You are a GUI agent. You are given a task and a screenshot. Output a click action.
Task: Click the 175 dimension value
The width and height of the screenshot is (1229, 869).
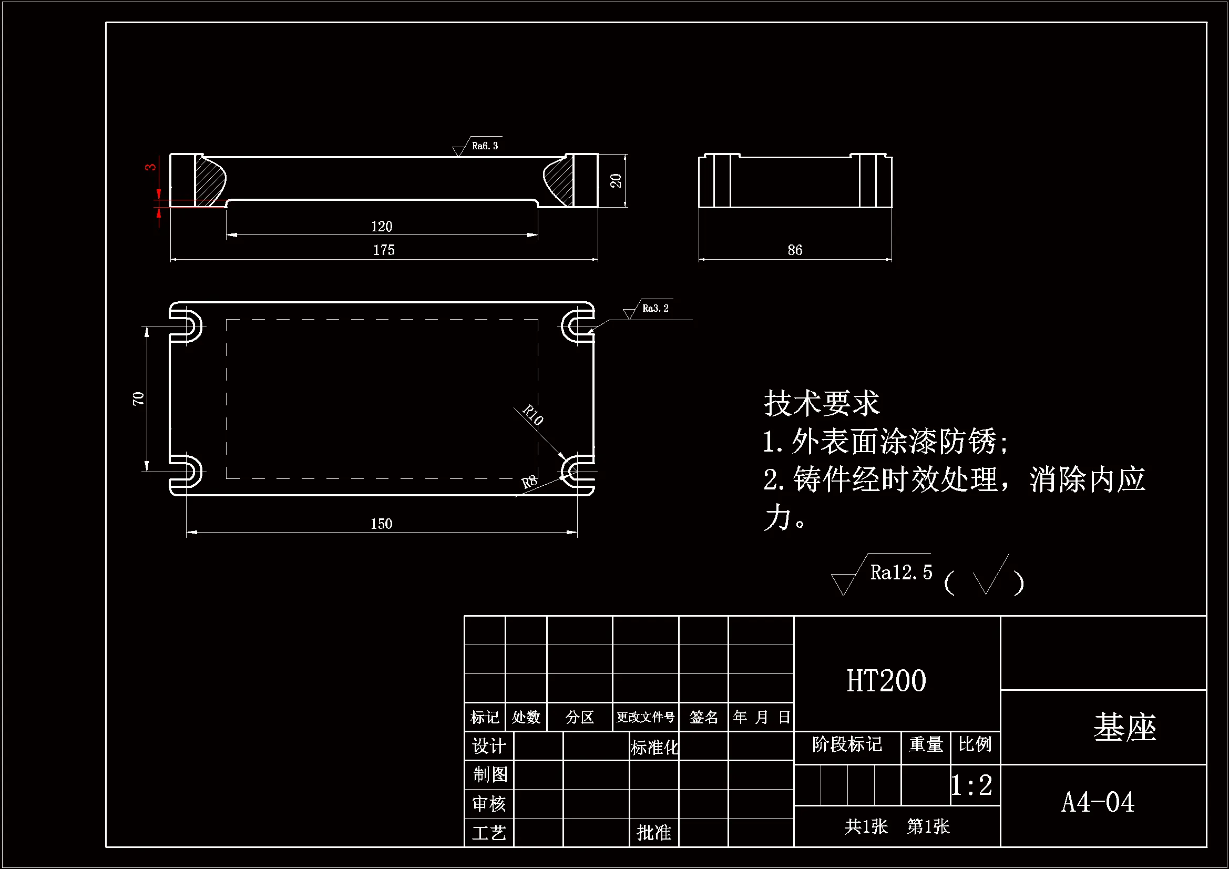click(x=383, y=250)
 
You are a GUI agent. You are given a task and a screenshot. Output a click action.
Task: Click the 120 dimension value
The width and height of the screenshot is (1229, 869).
click(x=381, y=227)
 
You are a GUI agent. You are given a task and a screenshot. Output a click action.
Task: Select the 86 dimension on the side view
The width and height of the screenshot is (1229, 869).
click(x=794, y=250)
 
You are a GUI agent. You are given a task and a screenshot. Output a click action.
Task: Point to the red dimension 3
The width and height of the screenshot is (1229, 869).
click(x=150, y=167)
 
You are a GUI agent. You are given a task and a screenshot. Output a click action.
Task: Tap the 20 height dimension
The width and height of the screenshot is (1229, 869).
click(x=616, y=180)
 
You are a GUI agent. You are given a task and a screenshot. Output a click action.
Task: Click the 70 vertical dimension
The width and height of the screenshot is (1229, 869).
click(x=138, y=398)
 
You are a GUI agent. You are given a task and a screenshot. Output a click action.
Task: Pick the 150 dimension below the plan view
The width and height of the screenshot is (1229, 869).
click(x=381, y=524)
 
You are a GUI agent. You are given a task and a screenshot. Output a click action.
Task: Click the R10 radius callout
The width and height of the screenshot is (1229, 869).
click(x=533, y=414)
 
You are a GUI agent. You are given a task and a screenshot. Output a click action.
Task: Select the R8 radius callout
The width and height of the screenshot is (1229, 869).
click(x=529, y=482)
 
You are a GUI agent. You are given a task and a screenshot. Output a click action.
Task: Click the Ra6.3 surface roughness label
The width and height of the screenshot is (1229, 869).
click(x=485, y=146)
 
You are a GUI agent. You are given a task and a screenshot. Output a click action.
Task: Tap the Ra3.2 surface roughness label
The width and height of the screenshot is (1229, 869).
click(x=654, y=309)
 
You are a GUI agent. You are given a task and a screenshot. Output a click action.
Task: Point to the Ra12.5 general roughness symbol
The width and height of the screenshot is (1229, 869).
click(x=900, y=572)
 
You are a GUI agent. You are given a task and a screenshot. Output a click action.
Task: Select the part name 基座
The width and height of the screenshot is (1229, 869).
click(x=1124, y=728)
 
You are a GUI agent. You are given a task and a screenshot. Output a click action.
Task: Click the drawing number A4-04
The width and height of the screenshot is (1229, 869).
click(x=1098, y=802)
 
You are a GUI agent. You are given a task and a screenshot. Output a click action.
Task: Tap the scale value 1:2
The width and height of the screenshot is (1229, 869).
click(x=971, y=785)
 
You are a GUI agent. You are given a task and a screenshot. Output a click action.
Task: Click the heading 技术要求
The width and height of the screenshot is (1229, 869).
click(x=821, y=403)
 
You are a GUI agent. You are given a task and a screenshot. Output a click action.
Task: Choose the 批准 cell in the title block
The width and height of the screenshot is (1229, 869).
click(x=653, y=833)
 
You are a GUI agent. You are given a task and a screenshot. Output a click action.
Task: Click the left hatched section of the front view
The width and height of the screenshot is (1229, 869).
click(x=210, y=181)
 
